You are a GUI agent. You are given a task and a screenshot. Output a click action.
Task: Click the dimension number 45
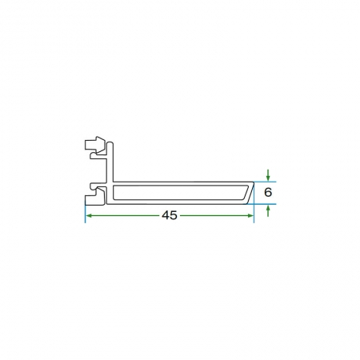170,215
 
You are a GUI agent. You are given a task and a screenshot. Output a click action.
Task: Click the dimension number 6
268,192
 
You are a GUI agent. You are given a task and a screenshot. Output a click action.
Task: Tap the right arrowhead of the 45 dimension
250,215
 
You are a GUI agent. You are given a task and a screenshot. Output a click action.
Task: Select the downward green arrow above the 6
268,175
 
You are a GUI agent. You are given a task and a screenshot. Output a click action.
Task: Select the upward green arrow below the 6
268,210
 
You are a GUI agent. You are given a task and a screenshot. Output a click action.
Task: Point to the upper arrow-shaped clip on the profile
95,145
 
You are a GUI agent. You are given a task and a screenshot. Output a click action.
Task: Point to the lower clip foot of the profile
95,196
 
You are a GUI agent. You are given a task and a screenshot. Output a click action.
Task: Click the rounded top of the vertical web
110,144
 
